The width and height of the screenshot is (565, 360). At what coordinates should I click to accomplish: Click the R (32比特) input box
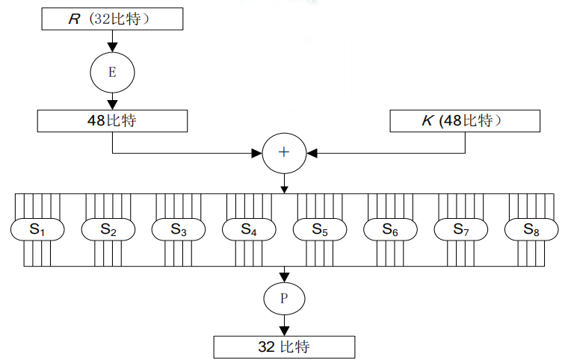coord(111,19)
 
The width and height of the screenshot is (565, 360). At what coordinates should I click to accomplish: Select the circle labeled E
coord(112,72)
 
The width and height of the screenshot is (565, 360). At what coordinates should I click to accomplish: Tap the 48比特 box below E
coord(111,121)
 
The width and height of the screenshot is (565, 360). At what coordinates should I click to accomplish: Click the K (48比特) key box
coord(465,121)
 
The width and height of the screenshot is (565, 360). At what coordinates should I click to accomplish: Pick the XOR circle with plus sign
coord(284,152)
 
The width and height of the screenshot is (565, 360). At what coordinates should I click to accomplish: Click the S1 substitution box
coord(38,230)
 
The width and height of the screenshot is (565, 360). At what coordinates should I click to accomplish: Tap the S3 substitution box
coord(179,230)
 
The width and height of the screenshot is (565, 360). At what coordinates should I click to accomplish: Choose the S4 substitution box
coord(250,230)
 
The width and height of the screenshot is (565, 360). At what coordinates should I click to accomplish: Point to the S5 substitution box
coord(320,230)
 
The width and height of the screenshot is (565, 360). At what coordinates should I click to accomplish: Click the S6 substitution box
coord(390,230)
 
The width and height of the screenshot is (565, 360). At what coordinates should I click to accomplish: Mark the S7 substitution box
coord(461,230)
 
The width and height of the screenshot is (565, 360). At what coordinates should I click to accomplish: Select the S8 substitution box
coord(531,230)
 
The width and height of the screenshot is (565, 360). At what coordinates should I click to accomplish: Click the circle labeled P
coord(284,299)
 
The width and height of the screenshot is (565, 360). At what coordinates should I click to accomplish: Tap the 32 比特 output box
coord(284,347)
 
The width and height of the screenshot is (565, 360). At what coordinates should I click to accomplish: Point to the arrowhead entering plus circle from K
coord(312,152)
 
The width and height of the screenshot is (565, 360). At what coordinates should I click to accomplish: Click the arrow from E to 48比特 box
coord(112,100)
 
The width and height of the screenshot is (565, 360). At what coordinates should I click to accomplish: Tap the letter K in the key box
coord(427,121)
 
